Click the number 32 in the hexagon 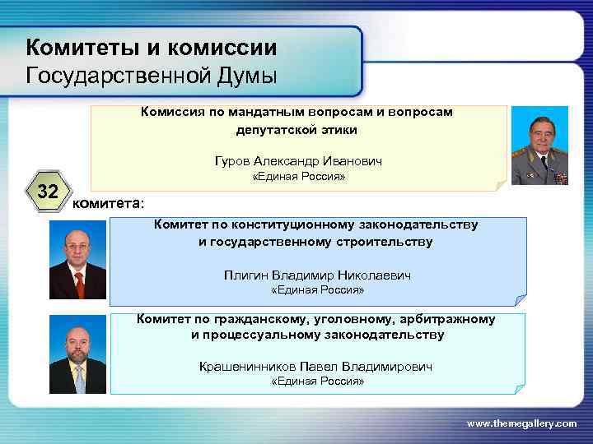pos(49,193)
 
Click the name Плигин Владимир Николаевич pos(316,275)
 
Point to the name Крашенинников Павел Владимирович pos(315,366)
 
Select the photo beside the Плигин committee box pos(77,262)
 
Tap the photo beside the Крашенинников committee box pos(77,354)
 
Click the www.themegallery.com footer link pos(522,423)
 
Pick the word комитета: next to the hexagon pos(107,203)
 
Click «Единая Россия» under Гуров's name pos(297,177)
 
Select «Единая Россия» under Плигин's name pos(317,290)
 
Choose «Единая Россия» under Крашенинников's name pos(317,382)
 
